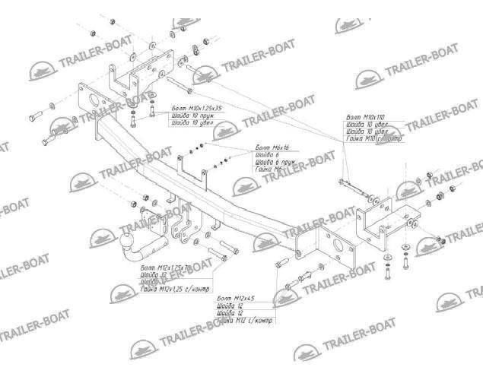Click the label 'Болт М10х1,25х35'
pyautogui.click(x=197, y=109)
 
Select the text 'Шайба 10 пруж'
pyautogui.click(x=190, y=116)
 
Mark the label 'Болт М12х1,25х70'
pyautogui.click(x=165, y=269)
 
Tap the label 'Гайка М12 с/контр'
pyautogui.click(x=243, y=321)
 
